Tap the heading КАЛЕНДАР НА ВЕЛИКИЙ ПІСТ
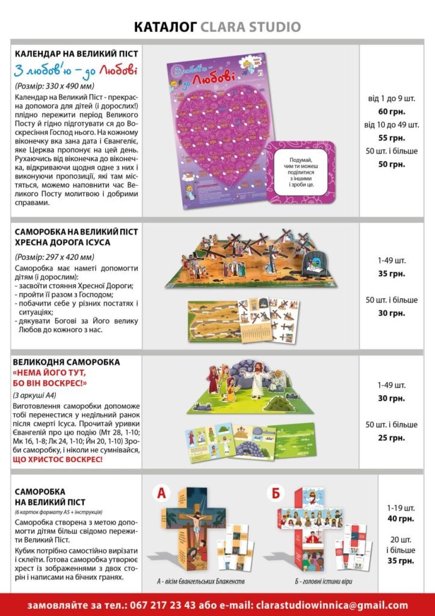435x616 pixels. [x=76, y=54]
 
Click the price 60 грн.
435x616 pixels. [x=392, y=111]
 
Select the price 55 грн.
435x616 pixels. [x=392, y=138]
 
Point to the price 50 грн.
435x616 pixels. [x=392, y=164]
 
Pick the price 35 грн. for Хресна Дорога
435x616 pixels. [x=392, y=273]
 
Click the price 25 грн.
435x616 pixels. [x=392, y=437]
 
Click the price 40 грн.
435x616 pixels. [x=401, y=519]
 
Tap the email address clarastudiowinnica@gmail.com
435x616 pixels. [x=332, y=605]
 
